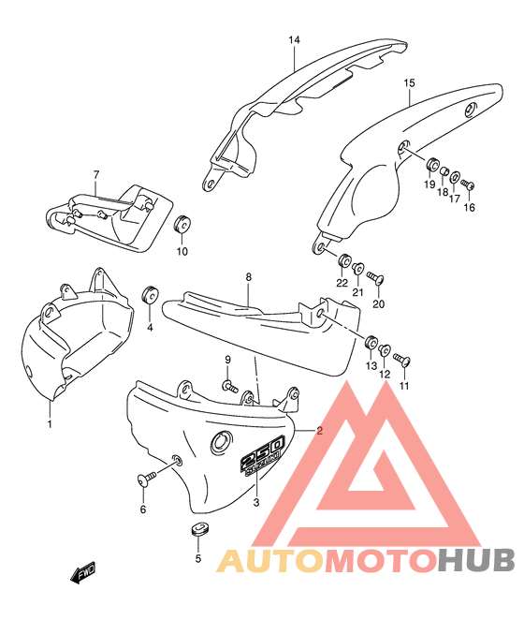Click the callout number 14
click(294, 40)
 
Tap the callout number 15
click(410, 83)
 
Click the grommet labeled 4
click(150, 295)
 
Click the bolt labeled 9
click(230, 386)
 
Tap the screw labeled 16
click(468, 185)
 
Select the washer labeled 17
click(456, 176)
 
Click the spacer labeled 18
click(444, 172)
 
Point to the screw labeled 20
click(375, 277)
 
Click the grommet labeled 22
click(343, 260)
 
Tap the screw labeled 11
click(402, 360)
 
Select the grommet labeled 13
click(371, 343)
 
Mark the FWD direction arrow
click(83, 571)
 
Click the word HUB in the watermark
click(475, 560)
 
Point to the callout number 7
click(96, 174)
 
